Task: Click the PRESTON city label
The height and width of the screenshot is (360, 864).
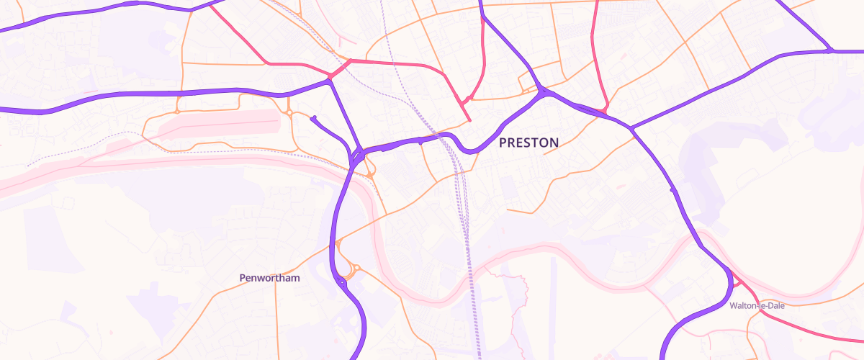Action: [x=528, y=143]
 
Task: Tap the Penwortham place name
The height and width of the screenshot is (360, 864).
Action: [x=269, y=277]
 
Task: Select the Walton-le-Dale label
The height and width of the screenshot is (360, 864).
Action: [x=756, y=305]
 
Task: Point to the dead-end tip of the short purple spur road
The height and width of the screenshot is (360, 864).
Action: [x=314, y=117]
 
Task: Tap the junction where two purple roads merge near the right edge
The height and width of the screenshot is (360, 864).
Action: [x=830, y=51]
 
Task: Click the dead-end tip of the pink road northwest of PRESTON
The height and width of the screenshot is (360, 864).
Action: [x=470, y=120]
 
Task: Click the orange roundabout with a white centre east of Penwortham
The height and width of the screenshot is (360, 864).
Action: [x=356, y=269]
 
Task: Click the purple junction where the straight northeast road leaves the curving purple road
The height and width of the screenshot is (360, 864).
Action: [x=631, y=129]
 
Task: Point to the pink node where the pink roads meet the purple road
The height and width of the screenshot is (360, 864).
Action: [x=330, y=76]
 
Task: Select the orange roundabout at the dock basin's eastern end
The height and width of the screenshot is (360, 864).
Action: [x=289, y=113]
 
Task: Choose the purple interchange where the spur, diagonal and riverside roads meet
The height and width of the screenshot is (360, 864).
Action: [x=357, y=156]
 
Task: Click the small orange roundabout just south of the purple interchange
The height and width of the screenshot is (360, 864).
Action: [x=369, y=174]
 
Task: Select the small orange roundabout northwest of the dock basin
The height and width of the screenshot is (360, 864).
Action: [x=176, y=112]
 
